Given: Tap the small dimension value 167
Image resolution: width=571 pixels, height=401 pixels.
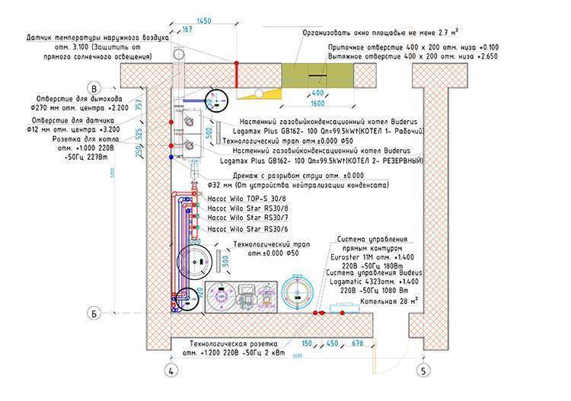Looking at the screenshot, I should (187, 31).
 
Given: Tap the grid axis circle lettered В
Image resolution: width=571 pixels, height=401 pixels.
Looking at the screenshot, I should (95, 86).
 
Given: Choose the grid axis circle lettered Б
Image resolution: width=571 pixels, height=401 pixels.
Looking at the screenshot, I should (95, 312).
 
